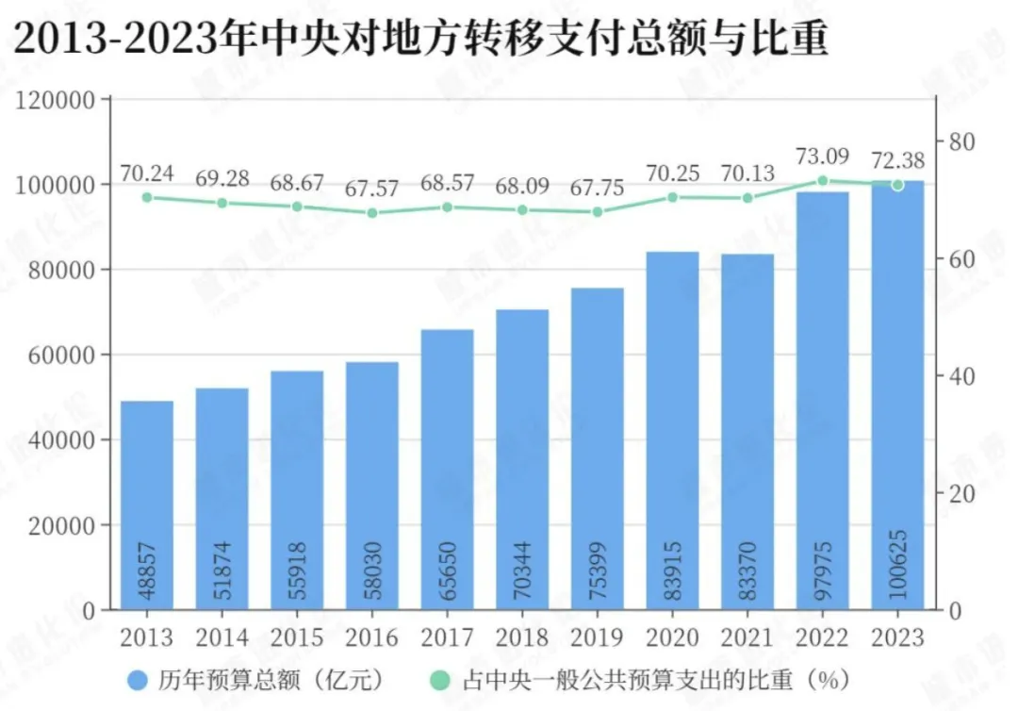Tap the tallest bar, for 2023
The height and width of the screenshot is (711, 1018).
click(897, 396)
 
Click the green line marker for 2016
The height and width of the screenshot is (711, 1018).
click(372, 213)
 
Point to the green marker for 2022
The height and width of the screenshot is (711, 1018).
click(822, 180)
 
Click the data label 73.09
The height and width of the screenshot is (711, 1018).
click(822, 157)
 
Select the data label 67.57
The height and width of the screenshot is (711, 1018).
click(372, 190)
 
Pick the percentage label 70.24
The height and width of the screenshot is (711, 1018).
click(147, 174)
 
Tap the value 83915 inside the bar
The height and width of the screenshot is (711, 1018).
click(673, 571)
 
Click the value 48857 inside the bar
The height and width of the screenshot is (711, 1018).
click(148, 571)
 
